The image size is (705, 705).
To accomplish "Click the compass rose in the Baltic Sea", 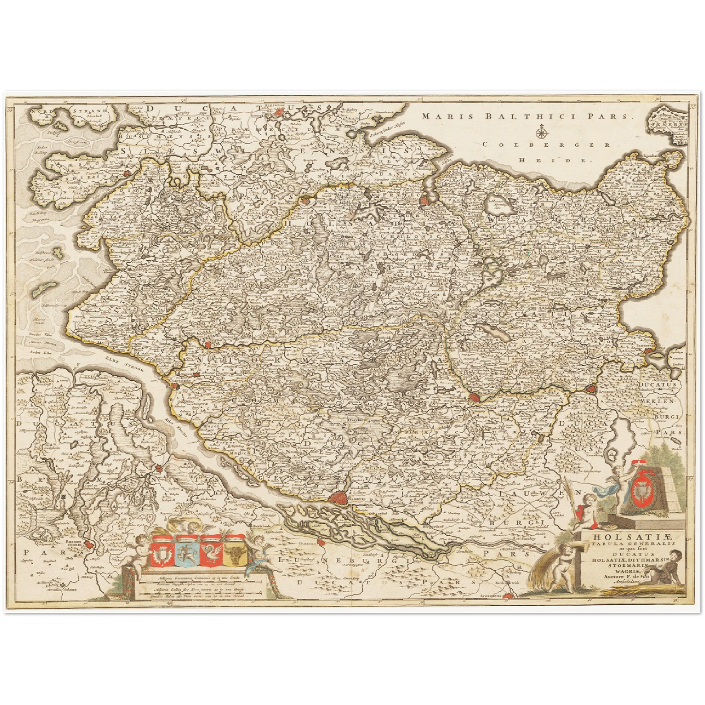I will click(541, 132).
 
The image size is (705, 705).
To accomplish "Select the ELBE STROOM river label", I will click(124, 364).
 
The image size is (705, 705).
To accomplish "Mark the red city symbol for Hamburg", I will click(338, 498).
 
